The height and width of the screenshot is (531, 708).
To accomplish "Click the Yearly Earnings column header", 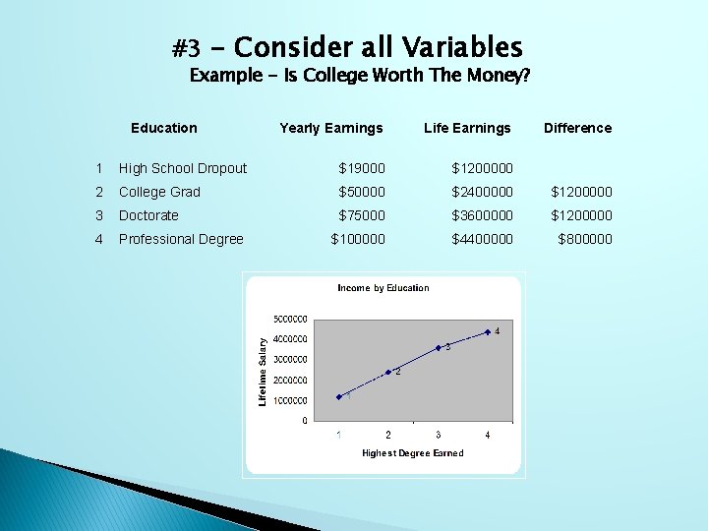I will pyautogui.click(x=330, y=128).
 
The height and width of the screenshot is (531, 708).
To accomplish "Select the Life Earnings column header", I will pyautogui.click(x=467, y=128).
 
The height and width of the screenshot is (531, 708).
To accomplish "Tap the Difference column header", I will pyautogui.click(x=577, y=128).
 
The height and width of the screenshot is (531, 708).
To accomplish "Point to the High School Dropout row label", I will pyautogui.click(x=183, y=168).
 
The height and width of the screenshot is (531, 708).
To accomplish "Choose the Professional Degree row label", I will pyautogui.click(x=181, y=239).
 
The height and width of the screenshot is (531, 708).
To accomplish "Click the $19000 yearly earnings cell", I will pyautogui.click(x=362, y=168).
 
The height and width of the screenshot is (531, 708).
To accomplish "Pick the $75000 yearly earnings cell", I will pyautogui.click(x=362, y=215).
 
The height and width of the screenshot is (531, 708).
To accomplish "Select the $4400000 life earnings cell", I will pyautogui.click(x=482, y=239).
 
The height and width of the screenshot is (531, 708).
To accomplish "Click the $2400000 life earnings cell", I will pyautogui.click(x=482, y=192).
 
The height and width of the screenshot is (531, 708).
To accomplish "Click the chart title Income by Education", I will pyautogui.click(x=383, y=288).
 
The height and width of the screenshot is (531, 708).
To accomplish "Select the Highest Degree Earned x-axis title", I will pyautogui.click(x=412, y=453).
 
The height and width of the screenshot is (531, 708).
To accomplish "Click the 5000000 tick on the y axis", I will pyautogui.click(x=291, y=319).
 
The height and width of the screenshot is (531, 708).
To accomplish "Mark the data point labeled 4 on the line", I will pyautogui.click(x=488, y=332).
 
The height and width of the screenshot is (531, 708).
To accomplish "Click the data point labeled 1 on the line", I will pyautogui.click(x=339, y=397).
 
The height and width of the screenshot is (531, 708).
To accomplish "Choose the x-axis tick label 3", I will pyautogui.click(x=438, y=435).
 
